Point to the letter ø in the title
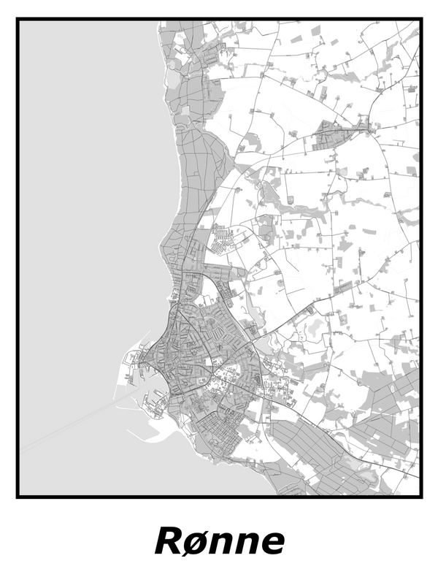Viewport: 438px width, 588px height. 198,545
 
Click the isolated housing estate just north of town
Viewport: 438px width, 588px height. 223,237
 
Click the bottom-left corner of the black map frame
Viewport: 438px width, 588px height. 18,497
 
